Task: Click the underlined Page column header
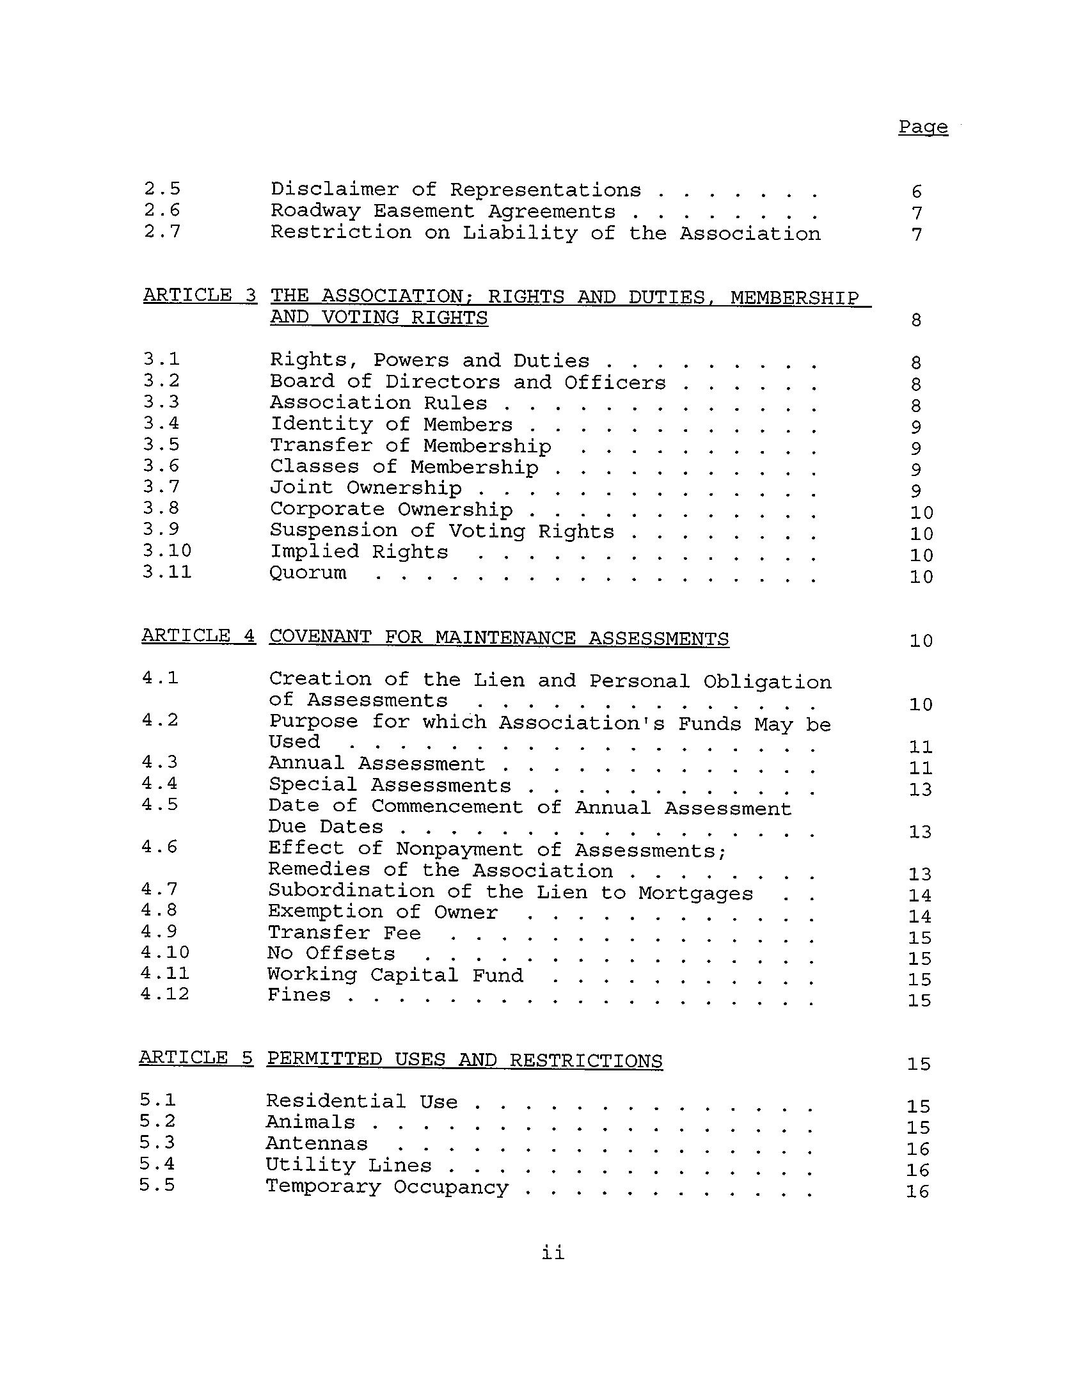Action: (x=923, y=127)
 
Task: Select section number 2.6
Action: (x=162, y=210)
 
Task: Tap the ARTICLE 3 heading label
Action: (x=200, y=296)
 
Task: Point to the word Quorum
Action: (x=308, y=573)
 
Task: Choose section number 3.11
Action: (x=167, y=571)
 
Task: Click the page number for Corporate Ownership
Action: (x=921, y=513)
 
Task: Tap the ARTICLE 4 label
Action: (x=198, y=636)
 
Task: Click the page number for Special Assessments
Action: (x=920, y=790)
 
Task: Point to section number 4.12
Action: (x=165, y=994)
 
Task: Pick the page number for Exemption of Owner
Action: (x=920, y=917)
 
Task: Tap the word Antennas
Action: (x=317, y=1143)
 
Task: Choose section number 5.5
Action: (x=157, y=1185)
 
